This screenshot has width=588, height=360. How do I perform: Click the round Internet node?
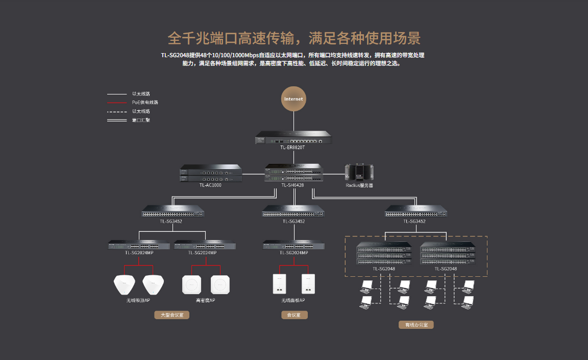coord(293,99)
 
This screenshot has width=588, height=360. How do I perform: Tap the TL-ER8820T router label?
coord(293,148)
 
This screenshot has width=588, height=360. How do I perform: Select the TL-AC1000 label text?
coord(210,185)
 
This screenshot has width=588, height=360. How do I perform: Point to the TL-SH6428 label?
coord(292,185)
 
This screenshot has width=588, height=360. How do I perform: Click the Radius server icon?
coord(359,172)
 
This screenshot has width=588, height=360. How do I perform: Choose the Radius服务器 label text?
coord(359,185)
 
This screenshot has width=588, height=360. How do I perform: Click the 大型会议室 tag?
coord(172,315)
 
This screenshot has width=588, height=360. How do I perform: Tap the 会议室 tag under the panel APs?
coord(294,315)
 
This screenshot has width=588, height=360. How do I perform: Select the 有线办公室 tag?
coord(416,325)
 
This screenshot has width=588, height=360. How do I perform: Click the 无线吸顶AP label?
coord(138,300)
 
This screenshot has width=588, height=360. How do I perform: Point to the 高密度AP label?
coord(206,300)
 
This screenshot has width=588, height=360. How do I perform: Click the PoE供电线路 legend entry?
coord(145,103)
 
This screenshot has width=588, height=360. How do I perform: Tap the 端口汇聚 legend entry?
coord(141,120)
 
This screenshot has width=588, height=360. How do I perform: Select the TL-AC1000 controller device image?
coord(210,173)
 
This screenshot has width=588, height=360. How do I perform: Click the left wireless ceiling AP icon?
coord(124,284)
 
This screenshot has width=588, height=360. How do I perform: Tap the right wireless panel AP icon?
coord(307,284)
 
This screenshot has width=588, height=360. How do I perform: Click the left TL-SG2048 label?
coord(384,269)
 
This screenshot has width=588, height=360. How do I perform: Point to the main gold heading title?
coord(294,38)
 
